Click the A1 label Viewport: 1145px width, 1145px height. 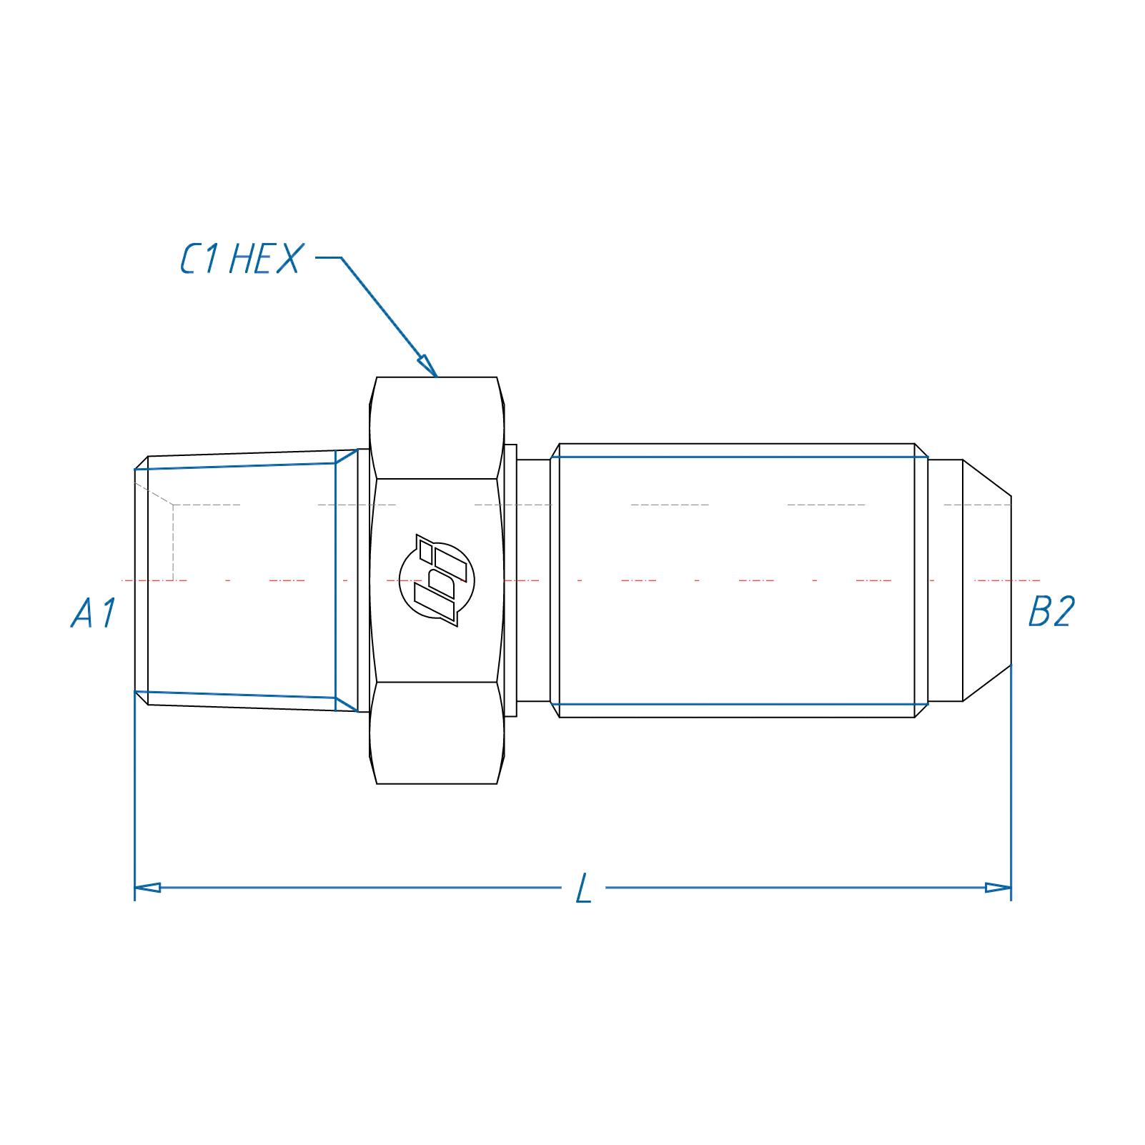point(94,613)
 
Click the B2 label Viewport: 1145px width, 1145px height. point(1051,612)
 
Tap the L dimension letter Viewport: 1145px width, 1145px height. point(584,889)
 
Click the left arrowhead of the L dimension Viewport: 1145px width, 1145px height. point(147,888)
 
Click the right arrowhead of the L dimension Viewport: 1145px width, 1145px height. point(998,888)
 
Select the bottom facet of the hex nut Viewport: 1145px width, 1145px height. point(437,733)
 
